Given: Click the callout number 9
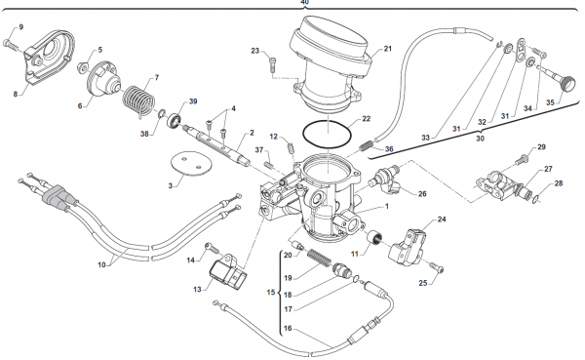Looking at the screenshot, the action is coord(20,27).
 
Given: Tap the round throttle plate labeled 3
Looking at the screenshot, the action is coord(191,163).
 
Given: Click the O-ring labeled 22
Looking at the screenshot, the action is coord(328,134).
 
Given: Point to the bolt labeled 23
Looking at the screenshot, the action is coord(272,65).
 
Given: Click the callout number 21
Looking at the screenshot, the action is coord(388,49).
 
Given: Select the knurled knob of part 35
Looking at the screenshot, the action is coord(567,82).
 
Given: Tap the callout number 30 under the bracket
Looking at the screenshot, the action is coord(480,139).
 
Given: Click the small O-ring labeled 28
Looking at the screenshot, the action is coord(535,200).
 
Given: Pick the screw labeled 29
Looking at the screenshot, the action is coord(521,160).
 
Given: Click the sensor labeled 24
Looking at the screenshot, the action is coord(408,247).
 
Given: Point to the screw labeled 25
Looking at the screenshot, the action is coord(437,267).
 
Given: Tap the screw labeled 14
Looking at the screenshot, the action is coord(210,247).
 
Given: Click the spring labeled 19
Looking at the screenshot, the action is coord(318,259).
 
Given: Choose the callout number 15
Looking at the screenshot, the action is coord(271,292).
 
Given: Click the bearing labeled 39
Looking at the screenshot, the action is coord(175,120).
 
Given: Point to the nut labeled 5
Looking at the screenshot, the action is coord(82,67).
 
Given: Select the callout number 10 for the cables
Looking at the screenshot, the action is coord(101,264).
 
